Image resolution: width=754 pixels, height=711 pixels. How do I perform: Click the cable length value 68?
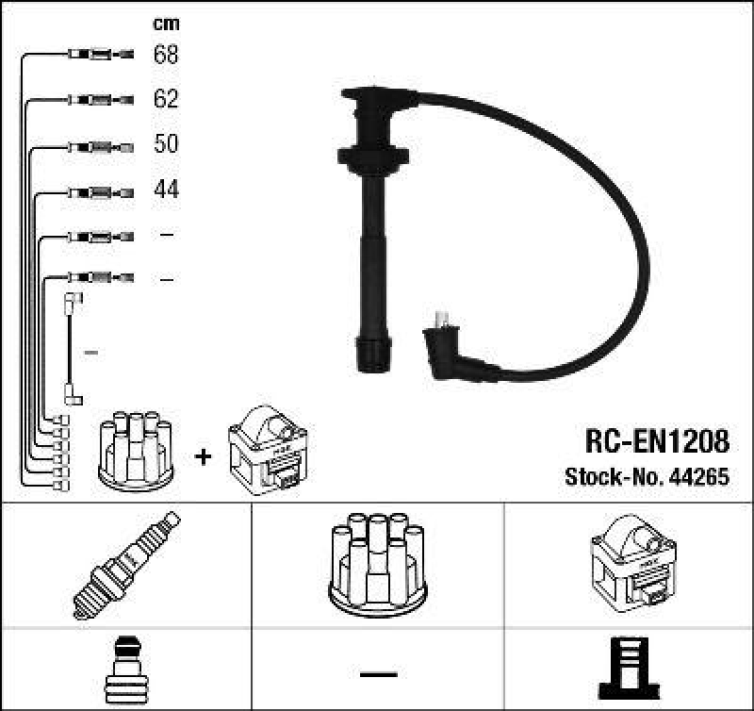[166, 55]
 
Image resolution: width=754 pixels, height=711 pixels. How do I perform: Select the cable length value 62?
[166, 99]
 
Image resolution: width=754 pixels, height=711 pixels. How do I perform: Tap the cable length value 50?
[166, 144]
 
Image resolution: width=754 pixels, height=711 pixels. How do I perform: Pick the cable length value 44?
[166, 190]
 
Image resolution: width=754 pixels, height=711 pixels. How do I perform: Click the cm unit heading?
[166, 24]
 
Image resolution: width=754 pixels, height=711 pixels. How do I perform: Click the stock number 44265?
[698, 477]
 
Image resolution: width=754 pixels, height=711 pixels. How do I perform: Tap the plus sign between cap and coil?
[202, 456]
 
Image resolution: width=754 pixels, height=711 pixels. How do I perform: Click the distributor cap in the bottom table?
[377, 562]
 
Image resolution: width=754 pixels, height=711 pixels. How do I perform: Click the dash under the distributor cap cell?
[377, 674]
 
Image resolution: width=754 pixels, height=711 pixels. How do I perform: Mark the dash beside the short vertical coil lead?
[91, 352]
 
